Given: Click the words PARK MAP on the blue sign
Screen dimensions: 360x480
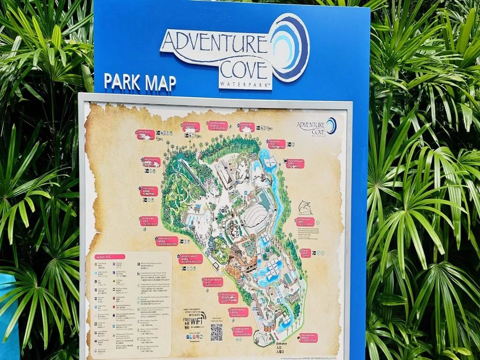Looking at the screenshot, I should (x=140, y=82).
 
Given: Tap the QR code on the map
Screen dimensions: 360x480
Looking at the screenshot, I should (x=216, y=332).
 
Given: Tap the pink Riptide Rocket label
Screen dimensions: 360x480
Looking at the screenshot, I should (x=145, y=135).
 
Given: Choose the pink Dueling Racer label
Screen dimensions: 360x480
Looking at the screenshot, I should (x=191, y=127).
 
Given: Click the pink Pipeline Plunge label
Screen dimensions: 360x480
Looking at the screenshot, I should (x=151, y=162).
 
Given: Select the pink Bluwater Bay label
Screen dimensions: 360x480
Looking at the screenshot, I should (x=149, y=221).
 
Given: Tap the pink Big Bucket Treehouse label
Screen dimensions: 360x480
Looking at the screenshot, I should (x=213, y=282).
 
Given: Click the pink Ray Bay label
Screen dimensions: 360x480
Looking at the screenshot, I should (x=305, y=253).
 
